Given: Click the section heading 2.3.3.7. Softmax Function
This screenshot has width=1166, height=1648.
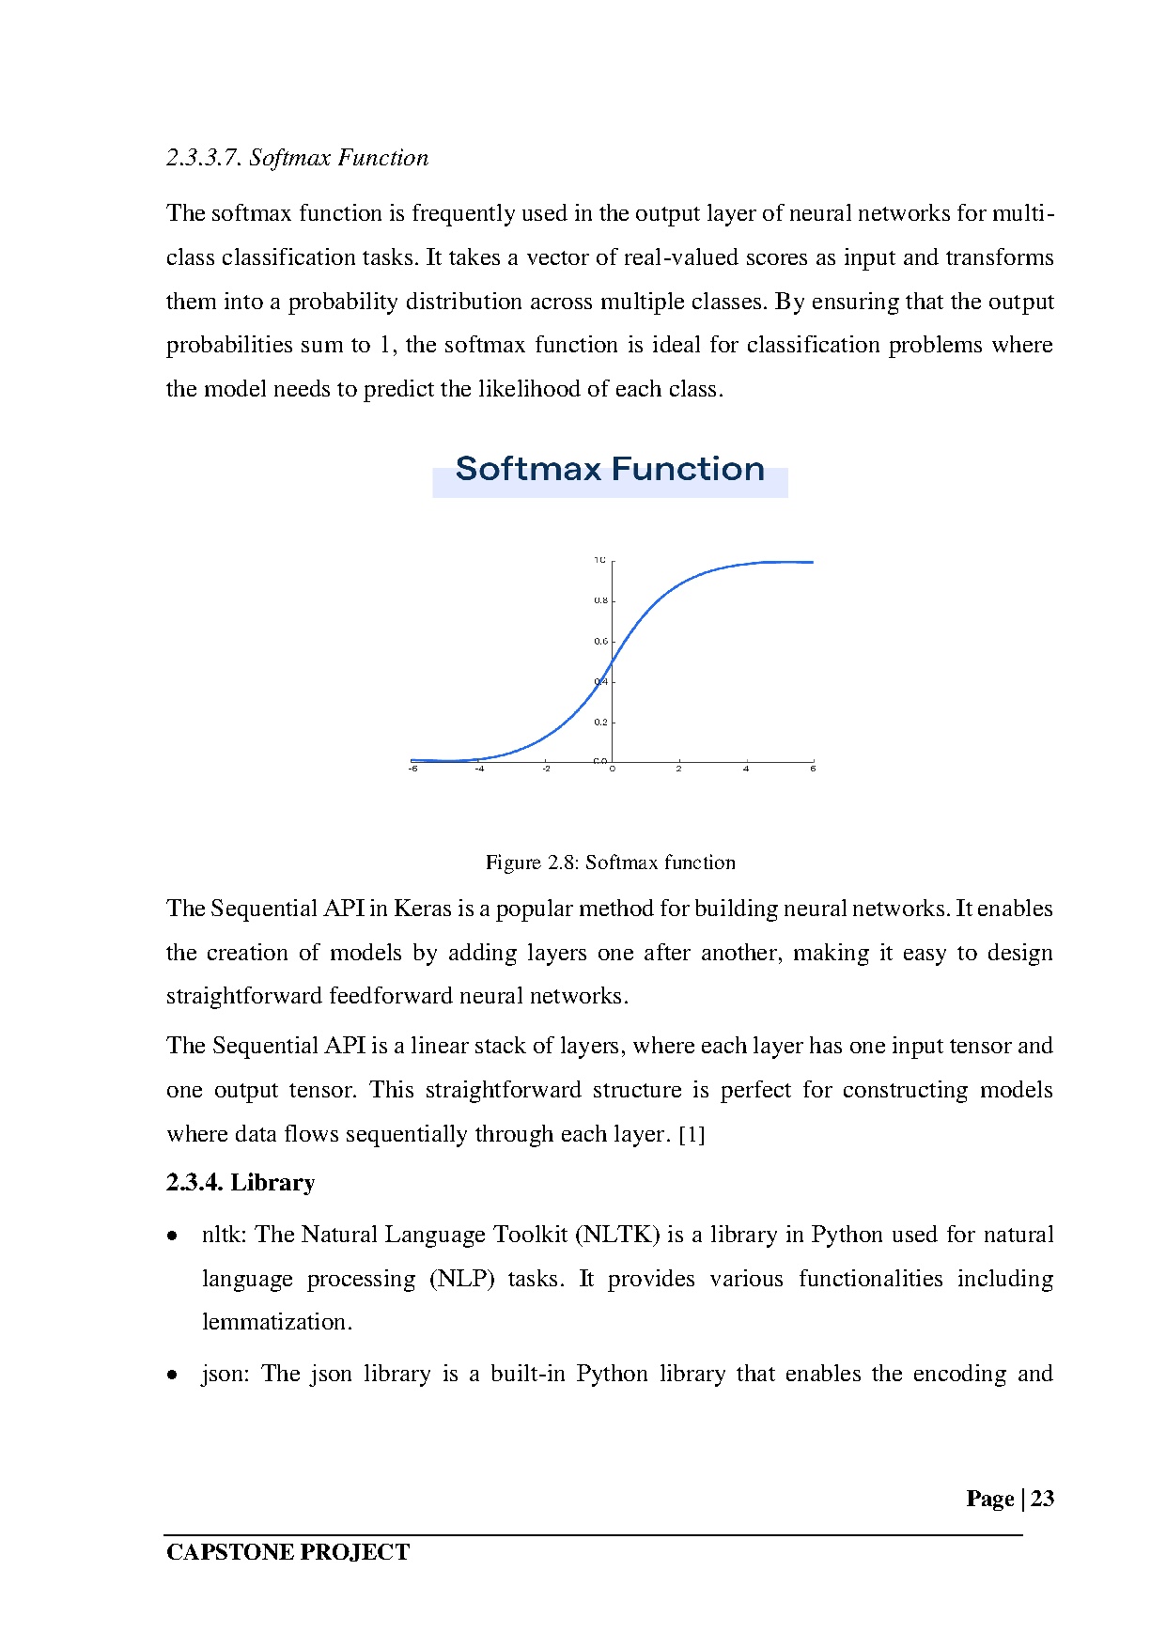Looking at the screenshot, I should click(297, 158).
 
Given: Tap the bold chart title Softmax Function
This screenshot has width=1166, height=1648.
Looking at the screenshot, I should click(610, 469).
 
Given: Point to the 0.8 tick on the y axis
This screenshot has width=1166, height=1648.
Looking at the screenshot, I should click(600, 600).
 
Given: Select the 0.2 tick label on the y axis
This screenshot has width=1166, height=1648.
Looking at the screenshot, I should click(600, 723).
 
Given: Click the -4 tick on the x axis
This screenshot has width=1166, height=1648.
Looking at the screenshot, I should click(479, 769).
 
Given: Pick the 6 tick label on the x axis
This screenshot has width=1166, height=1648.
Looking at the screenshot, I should click(813, 769).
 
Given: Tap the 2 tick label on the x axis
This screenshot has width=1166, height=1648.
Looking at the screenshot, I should click(678, 769).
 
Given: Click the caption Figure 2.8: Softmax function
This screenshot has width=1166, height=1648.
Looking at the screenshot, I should click(610, 863).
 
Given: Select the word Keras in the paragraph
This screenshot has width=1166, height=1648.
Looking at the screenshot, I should click(422, 909).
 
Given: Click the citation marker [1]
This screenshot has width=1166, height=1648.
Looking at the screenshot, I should click(692, 1135).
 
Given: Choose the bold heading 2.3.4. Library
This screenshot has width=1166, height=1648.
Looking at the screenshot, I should click(241, 1182).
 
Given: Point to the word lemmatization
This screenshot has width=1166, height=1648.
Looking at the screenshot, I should click(277, 1322).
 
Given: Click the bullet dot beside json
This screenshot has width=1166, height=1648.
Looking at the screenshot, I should click(173, 1376).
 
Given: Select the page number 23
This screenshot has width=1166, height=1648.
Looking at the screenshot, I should click(1042, 1499).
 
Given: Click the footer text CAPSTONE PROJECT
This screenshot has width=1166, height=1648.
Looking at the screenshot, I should click(288, 1552).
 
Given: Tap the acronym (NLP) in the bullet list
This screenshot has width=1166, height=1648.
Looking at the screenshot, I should click(461, 1279).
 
